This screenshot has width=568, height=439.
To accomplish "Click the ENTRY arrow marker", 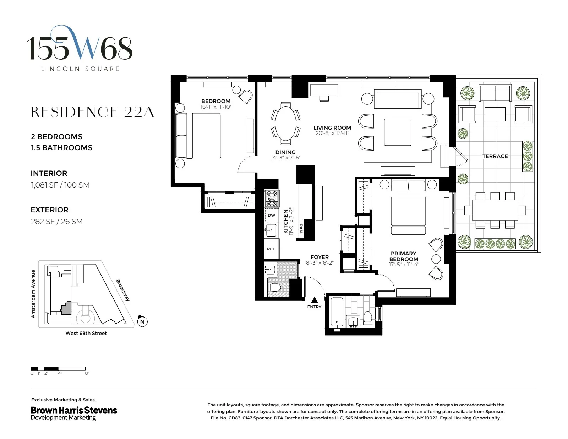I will pos(315,300).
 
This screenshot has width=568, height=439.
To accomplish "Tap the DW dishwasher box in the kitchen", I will pos(272,215).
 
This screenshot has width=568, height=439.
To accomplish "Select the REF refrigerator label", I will pos(271,249).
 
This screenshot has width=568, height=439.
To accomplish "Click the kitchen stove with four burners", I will pos(272,199).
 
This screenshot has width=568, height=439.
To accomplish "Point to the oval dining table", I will pos(286,124).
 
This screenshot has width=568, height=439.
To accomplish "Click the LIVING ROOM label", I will pos(332,128).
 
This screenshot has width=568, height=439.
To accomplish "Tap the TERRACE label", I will pos(495,156).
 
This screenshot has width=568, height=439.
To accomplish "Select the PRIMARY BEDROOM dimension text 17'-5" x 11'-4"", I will pos(404,265).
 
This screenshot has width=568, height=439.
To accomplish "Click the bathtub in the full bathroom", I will pos(337,313).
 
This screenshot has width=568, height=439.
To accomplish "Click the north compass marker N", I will pos(142,321).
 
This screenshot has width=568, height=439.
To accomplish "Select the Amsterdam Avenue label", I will pos(33,294).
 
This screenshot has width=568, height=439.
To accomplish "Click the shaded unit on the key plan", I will pos(66,308).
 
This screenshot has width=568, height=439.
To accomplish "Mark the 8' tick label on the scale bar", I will pos(87,373).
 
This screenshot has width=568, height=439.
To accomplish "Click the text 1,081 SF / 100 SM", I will pos(60,185).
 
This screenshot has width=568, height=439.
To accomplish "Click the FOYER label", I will pos(319,257).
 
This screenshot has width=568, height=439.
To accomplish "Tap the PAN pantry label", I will pos(301,228).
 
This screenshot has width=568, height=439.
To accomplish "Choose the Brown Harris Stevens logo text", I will pos(74,410).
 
